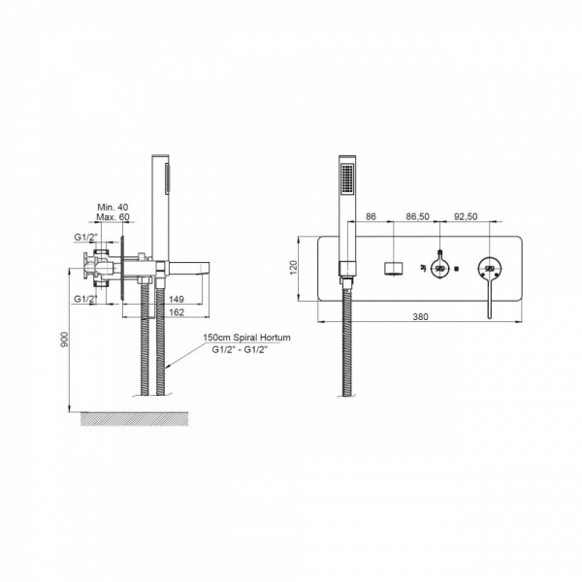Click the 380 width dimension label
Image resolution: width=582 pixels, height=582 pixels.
[420, 316]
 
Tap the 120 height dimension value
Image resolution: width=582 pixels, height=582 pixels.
[293, 268]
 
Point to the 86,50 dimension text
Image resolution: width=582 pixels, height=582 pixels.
[417, 216]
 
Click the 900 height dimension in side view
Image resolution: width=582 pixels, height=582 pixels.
[64, 339]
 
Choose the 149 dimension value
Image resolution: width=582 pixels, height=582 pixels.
[177, 299]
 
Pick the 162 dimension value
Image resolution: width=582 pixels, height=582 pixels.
[177, 312]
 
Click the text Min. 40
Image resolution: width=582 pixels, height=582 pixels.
[113, 208]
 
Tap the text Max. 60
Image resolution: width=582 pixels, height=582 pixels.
[113, 216]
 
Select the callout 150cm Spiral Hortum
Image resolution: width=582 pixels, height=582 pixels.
[246, 338]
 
